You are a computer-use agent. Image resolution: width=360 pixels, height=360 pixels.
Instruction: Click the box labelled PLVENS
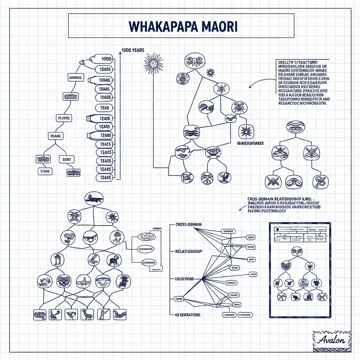pos(64,118)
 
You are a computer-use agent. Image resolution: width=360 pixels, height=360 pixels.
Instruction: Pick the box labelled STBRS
pos(45,171)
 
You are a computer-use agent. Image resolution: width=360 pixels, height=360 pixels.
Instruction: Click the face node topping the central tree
pos(194,60)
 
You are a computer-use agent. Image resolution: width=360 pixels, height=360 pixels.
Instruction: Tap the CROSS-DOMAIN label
pos(188,224)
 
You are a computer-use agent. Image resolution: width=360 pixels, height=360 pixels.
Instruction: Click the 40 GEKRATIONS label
pos(187,315)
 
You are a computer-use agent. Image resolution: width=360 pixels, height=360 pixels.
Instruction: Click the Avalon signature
pos(331,340)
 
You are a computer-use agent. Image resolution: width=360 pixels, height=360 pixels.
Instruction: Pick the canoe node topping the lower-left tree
pos(94,199)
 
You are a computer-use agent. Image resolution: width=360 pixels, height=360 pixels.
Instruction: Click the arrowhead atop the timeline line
pos(120,52)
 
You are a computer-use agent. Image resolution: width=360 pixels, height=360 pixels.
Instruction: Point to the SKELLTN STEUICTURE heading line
pos(301,62)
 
